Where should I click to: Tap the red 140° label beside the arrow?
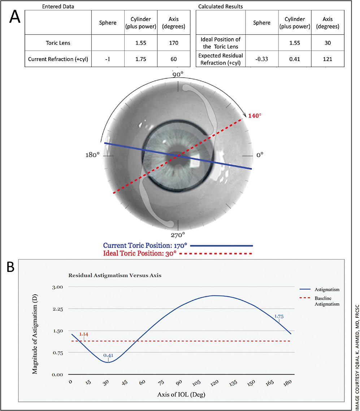(255, 116)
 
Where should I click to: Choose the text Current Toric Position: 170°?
(145, 245)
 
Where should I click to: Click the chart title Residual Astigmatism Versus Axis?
(114, 275)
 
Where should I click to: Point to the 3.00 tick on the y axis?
(58, 287)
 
